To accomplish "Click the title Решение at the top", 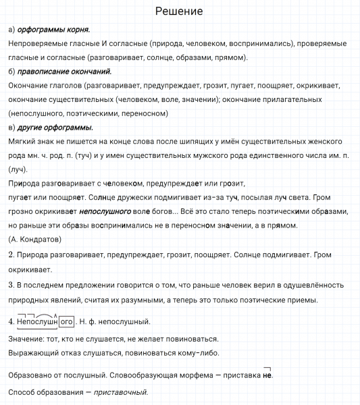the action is click(x=179, y=12).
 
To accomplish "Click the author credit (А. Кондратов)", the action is click(x=35, y=239).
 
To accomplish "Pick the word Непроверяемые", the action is click(x=39, y=43).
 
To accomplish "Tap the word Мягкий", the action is click(x=24, y=142).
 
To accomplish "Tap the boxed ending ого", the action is click(x=67, y=321).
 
